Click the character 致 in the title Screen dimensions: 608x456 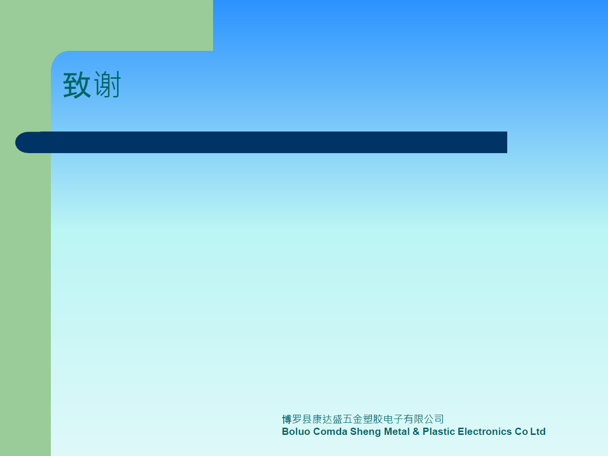(77, 85)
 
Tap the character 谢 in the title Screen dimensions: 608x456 (107, 84)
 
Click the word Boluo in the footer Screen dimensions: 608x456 (296, 432)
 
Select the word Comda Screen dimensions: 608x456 (330, 432)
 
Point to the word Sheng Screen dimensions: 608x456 (365, 432)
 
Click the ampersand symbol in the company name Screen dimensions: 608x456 (416, 432)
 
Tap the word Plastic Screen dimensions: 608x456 (439, 432)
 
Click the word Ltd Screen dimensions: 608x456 (538, 432)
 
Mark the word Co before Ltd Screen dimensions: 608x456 (521, 432)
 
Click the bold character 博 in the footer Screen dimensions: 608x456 (286, 419)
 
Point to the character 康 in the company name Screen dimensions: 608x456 (317, 419)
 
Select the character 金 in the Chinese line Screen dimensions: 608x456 (358, 419)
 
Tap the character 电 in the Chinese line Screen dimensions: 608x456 (388, 419)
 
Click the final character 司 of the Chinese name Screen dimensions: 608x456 (439, 419)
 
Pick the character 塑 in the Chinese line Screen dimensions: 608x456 (368, 419)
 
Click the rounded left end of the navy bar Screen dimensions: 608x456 (16, 143)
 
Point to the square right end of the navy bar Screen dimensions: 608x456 (507, 143)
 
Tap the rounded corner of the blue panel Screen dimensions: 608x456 (57, 56)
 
